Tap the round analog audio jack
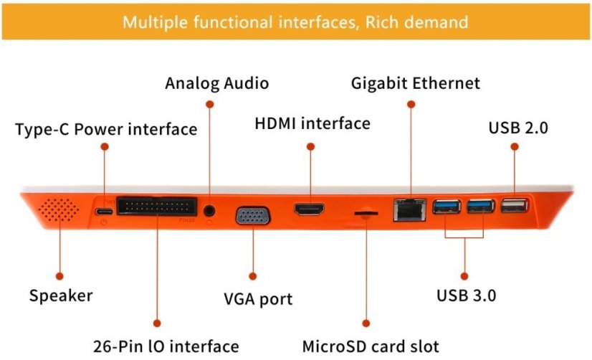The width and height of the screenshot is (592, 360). click(210, 211)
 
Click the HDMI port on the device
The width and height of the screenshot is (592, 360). click(310, 210)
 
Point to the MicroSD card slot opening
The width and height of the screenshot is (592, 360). click(366, 212)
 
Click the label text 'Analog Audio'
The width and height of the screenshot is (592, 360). click(216, 83)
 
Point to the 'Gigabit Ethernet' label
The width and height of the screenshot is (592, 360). click(415, 83)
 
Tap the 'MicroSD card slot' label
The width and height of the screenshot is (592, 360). click(370, 346)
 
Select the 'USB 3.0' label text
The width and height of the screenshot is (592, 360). click(467, 295)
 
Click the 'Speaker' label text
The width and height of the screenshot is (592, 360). click(61, 295)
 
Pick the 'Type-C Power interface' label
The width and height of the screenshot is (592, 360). click(106, 130)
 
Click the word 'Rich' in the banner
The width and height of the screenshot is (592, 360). click(384, 22)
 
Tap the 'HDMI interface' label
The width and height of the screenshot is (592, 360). click(312, 123)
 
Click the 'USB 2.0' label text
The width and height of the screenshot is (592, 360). click(518, 129)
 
